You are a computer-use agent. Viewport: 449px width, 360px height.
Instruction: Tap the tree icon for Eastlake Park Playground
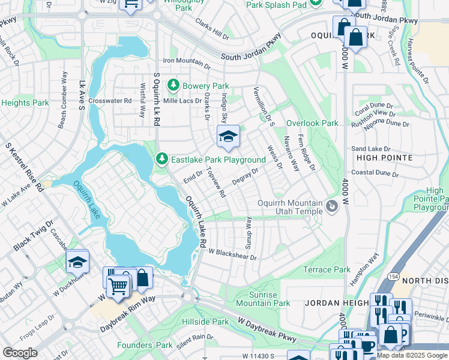click(x=161, y=160)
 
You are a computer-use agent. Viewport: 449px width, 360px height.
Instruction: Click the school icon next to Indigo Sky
click(x=228, y=137)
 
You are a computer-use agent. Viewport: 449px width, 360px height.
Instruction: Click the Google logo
click(x=20, y=353)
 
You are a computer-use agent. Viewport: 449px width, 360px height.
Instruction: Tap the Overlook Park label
click(x=312, y=123)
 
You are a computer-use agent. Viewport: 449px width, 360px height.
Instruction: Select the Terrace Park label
click(x=327, y=270)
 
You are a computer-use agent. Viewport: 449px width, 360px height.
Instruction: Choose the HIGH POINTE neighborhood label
click(x=384, y=158)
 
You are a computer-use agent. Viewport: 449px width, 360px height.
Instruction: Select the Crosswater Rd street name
click(x=110, y=101)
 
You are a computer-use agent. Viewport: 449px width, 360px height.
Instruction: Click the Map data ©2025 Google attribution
click(x=412, y=355)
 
